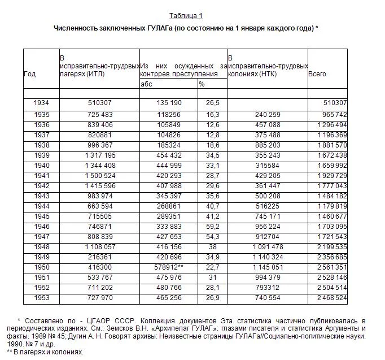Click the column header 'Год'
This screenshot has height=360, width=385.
pyautogui.click(x=30, y=74)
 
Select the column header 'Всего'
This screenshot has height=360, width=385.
pyautogui.click(x=317, y=74)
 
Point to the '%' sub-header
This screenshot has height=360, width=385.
pyautogui.click(x=202, y=84)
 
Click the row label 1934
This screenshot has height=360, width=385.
pyautogui.click(x=41, y=103)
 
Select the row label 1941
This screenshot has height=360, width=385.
pyautogui.click(x=41, y=176)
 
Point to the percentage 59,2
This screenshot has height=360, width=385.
pyautogui.click(x=212, y=226)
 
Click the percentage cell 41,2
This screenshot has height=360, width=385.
pyautogui.click(x=212, y=216)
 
